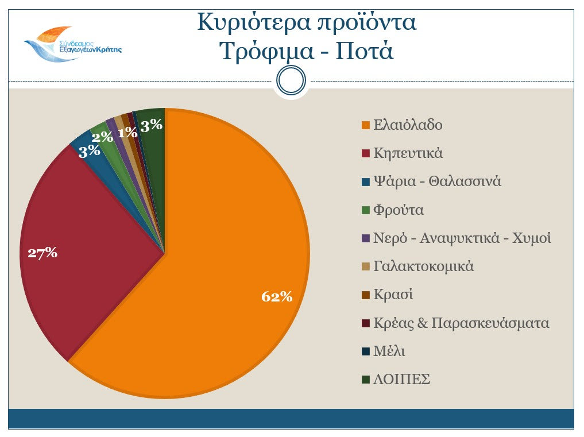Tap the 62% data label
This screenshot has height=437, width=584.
tap(277, 296)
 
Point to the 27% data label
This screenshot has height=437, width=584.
tap(42, 253)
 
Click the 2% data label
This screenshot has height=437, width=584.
tap(102, 137)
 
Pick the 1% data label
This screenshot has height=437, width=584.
tap(127, 133)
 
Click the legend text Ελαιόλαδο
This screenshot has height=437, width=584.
tap(408, 125)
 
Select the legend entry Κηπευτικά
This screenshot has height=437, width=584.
tap(408, 153)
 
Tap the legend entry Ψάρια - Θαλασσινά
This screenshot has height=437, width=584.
tap(437, 181)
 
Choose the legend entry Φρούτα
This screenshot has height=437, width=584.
tap(399, 210)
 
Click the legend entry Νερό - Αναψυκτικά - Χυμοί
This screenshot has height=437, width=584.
tap(462, 238)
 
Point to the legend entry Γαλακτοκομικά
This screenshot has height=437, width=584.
tap(423, 266)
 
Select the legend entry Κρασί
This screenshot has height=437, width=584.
tap(393, 295)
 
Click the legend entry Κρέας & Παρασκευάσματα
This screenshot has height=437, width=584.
tap(461, 323)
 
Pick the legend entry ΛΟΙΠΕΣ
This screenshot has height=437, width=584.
tap(401, 380)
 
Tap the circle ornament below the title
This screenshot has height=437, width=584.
tap(291, 80)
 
